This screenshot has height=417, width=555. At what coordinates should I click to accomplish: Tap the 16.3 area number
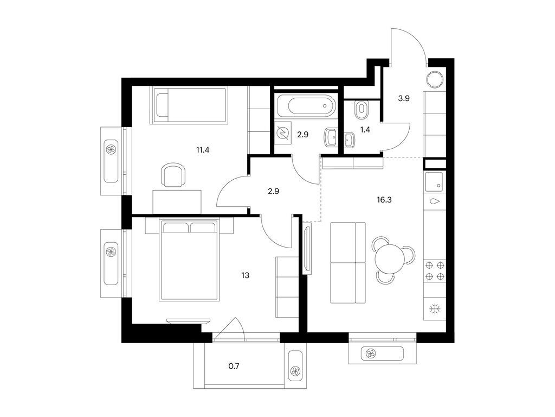385,200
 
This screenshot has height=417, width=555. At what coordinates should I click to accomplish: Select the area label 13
246,275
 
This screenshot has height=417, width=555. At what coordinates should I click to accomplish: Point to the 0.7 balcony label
234,367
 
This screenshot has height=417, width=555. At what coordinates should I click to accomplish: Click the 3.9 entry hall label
404,98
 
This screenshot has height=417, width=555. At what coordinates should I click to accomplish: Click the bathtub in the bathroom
305,106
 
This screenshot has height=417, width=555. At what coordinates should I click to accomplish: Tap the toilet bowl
361,110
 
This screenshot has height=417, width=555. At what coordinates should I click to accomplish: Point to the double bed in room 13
189,260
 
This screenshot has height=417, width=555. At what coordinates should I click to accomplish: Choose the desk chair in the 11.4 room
173,176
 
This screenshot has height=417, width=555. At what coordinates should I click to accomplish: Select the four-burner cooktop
435,270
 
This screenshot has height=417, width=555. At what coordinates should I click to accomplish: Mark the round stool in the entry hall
435,79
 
